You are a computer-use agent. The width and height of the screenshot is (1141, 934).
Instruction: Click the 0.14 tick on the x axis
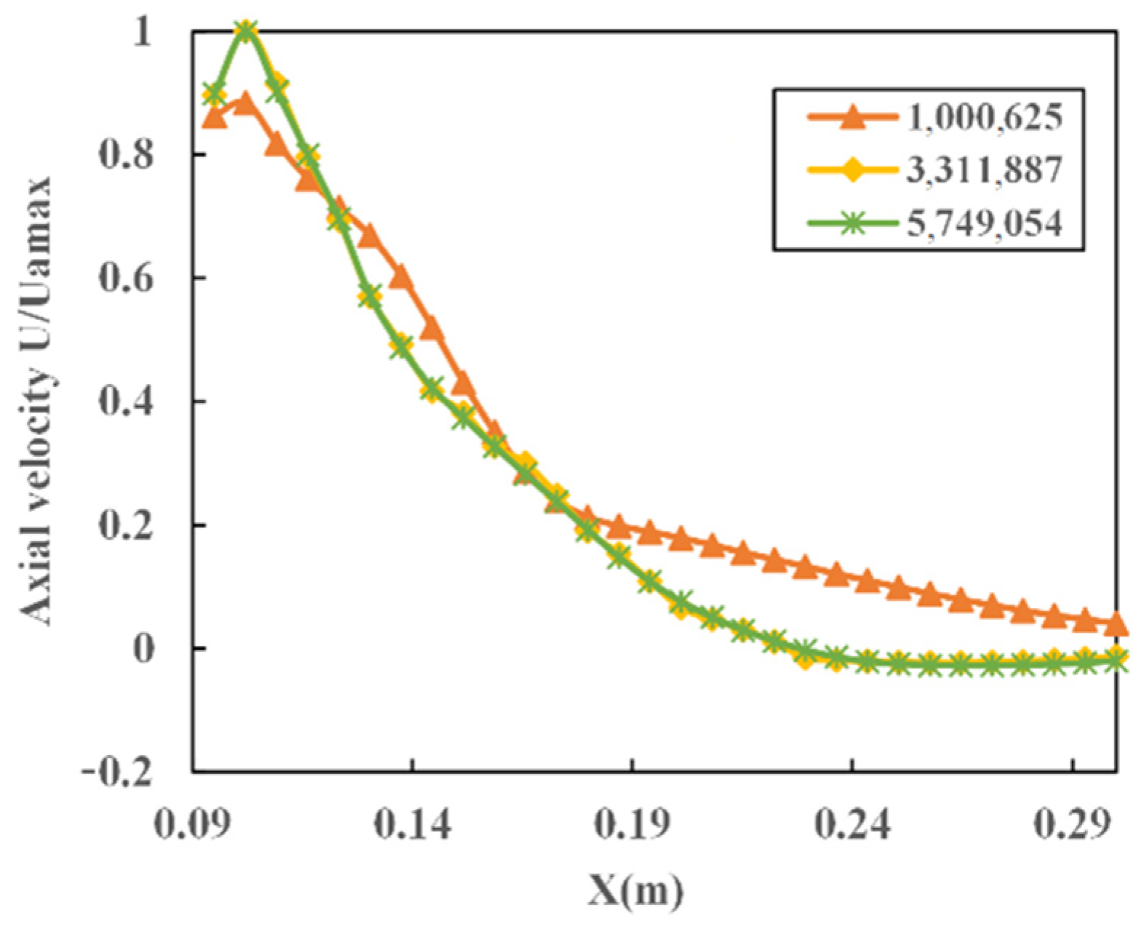pos(412,825)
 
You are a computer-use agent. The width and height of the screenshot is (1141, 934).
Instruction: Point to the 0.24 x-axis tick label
pos(852,825)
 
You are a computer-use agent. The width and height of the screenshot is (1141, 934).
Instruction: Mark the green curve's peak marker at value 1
pos(246,31)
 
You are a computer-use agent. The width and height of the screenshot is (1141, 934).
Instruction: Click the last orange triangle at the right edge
pos(1116,624)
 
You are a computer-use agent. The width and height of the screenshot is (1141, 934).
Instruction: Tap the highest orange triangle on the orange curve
pos(246,100)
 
